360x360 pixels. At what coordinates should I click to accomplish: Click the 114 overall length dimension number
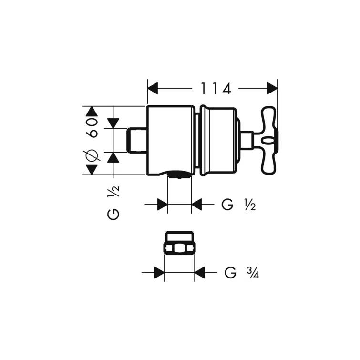(215, 88)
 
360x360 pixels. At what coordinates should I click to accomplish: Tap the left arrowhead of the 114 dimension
(153, 88)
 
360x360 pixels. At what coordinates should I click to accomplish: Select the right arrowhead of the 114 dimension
(272, 88)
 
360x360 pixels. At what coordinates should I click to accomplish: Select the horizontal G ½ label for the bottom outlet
(239, 205)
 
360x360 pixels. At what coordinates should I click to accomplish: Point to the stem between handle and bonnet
(247, 140)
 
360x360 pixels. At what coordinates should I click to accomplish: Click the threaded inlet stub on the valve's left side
(138, 140)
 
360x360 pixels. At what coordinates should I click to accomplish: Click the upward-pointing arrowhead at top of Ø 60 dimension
(91, 112)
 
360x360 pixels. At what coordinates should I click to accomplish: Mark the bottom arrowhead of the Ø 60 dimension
(91, 169)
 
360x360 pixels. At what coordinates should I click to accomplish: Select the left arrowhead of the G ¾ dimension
(159, 273)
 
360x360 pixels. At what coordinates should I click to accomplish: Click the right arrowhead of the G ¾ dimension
(200, 273)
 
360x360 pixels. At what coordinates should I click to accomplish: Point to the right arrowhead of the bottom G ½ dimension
(197, 205)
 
